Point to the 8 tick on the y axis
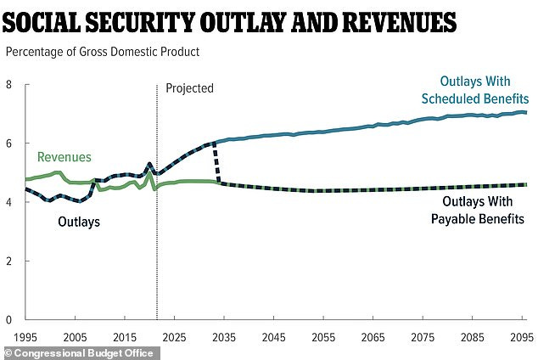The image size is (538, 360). [9, 85]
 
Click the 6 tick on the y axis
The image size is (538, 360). [9, 143]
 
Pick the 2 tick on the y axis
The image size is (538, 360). [9, 262]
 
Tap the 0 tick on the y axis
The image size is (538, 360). [9, 320]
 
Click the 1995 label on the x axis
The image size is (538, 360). [26, 337]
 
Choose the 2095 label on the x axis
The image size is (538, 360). [518, 337]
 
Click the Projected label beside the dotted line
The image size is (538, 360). [189, 88]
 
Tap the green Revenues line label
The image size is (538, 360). [64, 157]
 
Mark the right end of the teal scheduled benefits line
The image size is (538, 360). [526, 112]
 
